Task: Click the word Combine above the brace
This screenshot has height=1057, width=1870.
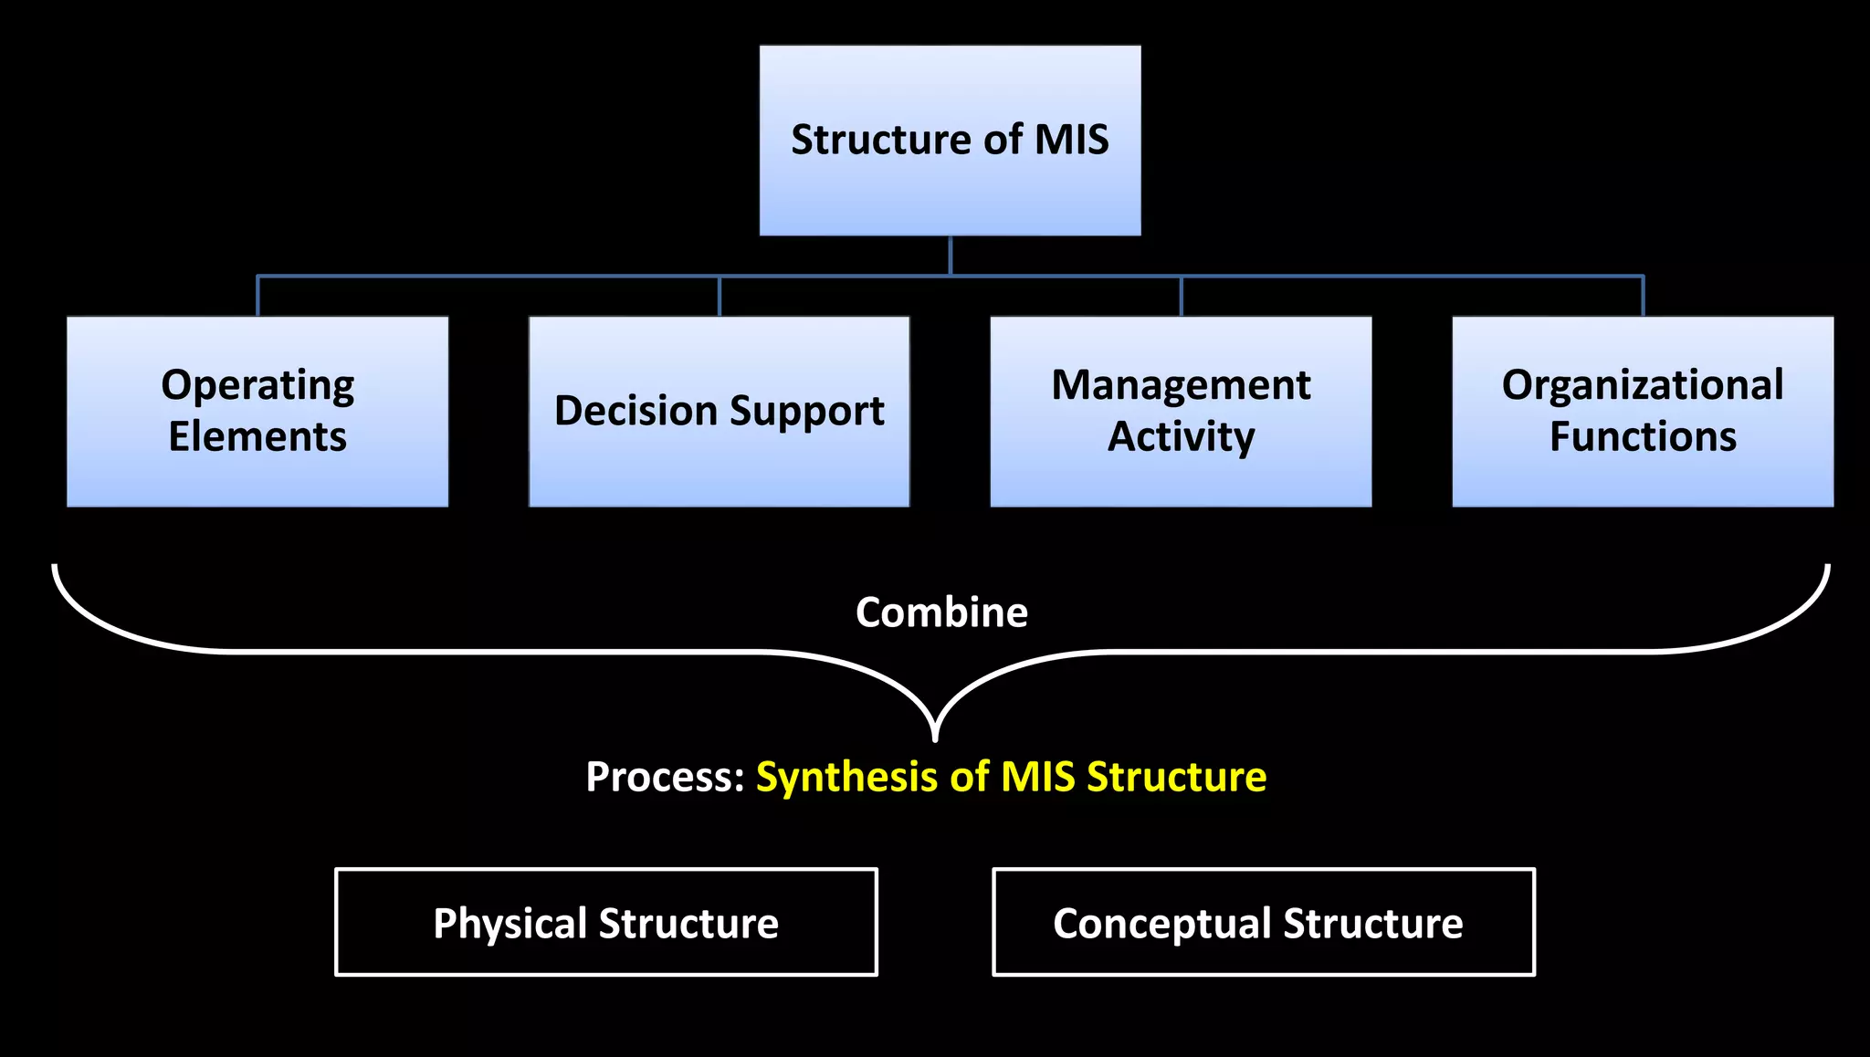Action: tap(941, 612)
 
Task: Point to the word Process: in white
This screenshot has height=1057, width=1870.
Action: tap(665, 778)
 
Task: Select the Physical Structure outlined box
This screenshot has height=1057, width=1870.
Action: tap(606, 923)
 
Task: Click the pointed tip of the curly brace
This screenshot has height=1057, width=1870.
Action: tap(935, 736)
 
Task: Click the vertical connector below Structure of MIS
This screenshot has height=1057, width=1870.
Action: tap(951, 256)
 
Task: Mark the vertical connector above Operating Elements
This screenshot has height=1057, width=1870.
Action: tap(257, 296)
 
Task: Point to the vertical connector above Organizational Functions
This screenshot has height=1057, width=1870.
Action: tap(1643, 296)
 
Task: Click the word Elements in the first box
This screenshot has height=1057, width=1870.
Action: tap(257, 436)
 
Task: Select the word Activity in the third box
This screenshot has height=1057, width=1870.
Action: tap(1181, 436)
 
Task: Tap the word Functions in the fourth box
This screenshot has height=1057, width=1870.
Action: tap(1643, 436)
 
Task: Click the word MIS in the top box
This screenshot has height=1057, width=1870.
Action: tap(1071, 140)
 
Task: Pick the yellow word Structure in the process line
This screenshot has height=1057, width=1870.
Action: tap(1176, 778)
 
